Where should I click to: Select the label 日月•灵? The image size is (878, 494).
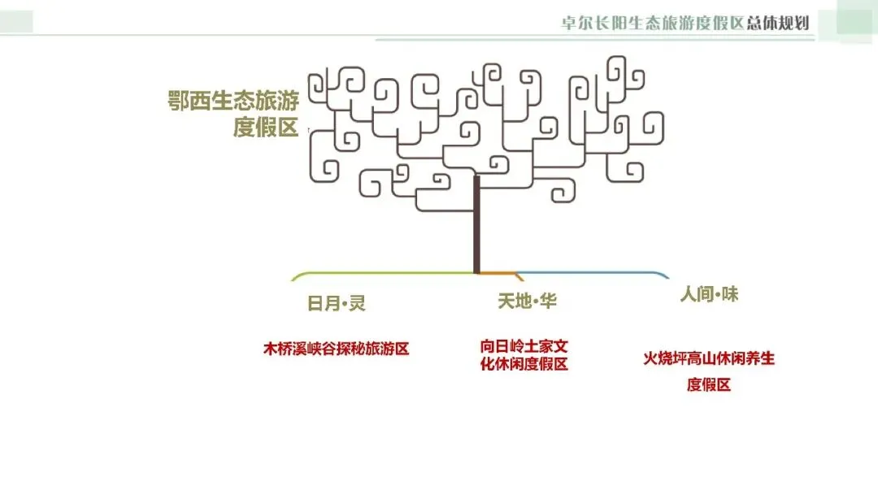pos(336,304)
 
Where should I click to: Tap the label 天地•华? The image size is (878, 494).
pos(527,301)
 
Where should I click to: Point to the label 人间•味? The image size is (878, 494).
pos(709,294)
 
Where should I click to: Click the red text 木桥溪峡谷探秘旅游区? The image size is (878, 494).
pos(335,349)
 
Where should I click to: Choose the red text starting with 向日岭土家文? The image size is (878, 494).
pos(524,345)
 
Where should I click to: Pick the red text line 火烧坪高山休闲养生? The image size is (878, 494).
pos(709,358)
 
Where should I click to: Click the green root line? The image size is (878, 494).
pos(382,273)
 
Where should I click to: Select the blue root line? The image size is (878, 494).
pos(593,273)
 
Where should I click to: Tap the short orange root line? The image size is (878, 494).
pos(498,273)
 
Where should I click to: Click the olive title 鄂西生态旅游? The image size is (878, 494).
pos(233,102)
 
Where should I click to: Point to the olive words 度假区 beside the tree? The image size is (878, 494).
pos(266,128)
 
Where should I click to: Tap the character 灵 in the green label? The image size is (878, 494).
pos(357,304)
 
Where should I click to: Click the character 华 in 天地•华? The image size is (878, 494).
pos(548,301)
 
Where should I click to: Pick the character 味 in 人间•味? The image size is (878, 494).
pos(729,294)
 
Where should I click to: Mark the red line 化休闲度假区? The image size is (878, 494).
pos(524,364)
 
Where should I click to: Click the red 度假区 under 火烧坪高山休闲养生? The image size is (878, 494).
pos(709,384)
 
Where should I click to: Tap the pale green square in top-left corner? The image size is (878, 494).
pos(16,20)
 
